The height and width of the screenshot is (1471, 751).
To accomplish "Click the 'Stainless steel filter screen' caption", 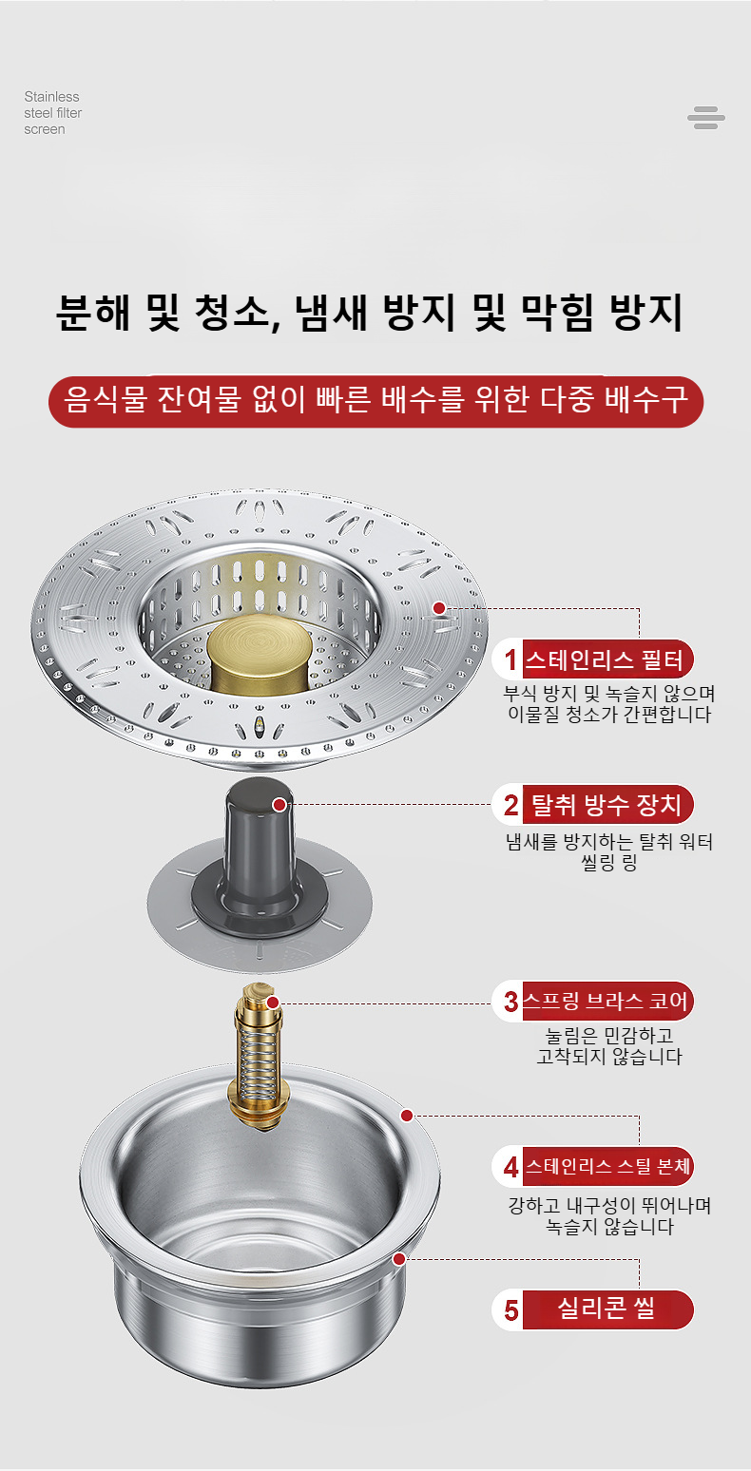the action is coord(52,113).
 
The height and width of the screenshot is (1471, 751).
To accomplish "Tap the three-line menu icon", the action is coord(705,118).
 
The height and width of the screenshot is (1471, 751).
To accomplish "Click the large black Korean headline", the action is coord(370,312).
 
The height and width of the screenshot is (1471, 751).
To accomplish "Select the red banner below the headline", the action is coord(375,401).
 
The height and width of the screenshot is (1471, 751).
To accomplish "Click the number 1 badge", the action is coord(510,659).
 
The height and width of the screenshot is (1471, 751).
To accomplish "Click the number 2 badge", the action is coord(510,805).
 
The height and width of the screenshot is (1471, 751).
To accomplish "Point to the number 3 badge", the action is coord(510,1002).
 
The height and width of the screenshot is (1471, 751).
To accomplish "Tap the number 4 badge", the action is coord(510,1167).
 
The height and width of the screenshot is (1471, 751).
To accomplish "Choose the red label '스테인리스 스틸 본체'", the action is coord(607,1166).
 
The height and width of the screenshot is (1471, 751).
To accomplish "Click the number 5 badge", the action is coord(510,1310).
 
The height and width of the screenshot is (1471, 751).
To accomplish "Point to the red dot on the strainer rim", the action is coord(439,608).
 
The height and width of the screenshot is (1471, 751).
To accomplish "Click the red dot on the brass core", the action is coord(273,1003).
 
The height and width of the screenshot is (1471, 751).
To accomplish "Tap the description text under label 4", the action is coord(609,1215).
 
